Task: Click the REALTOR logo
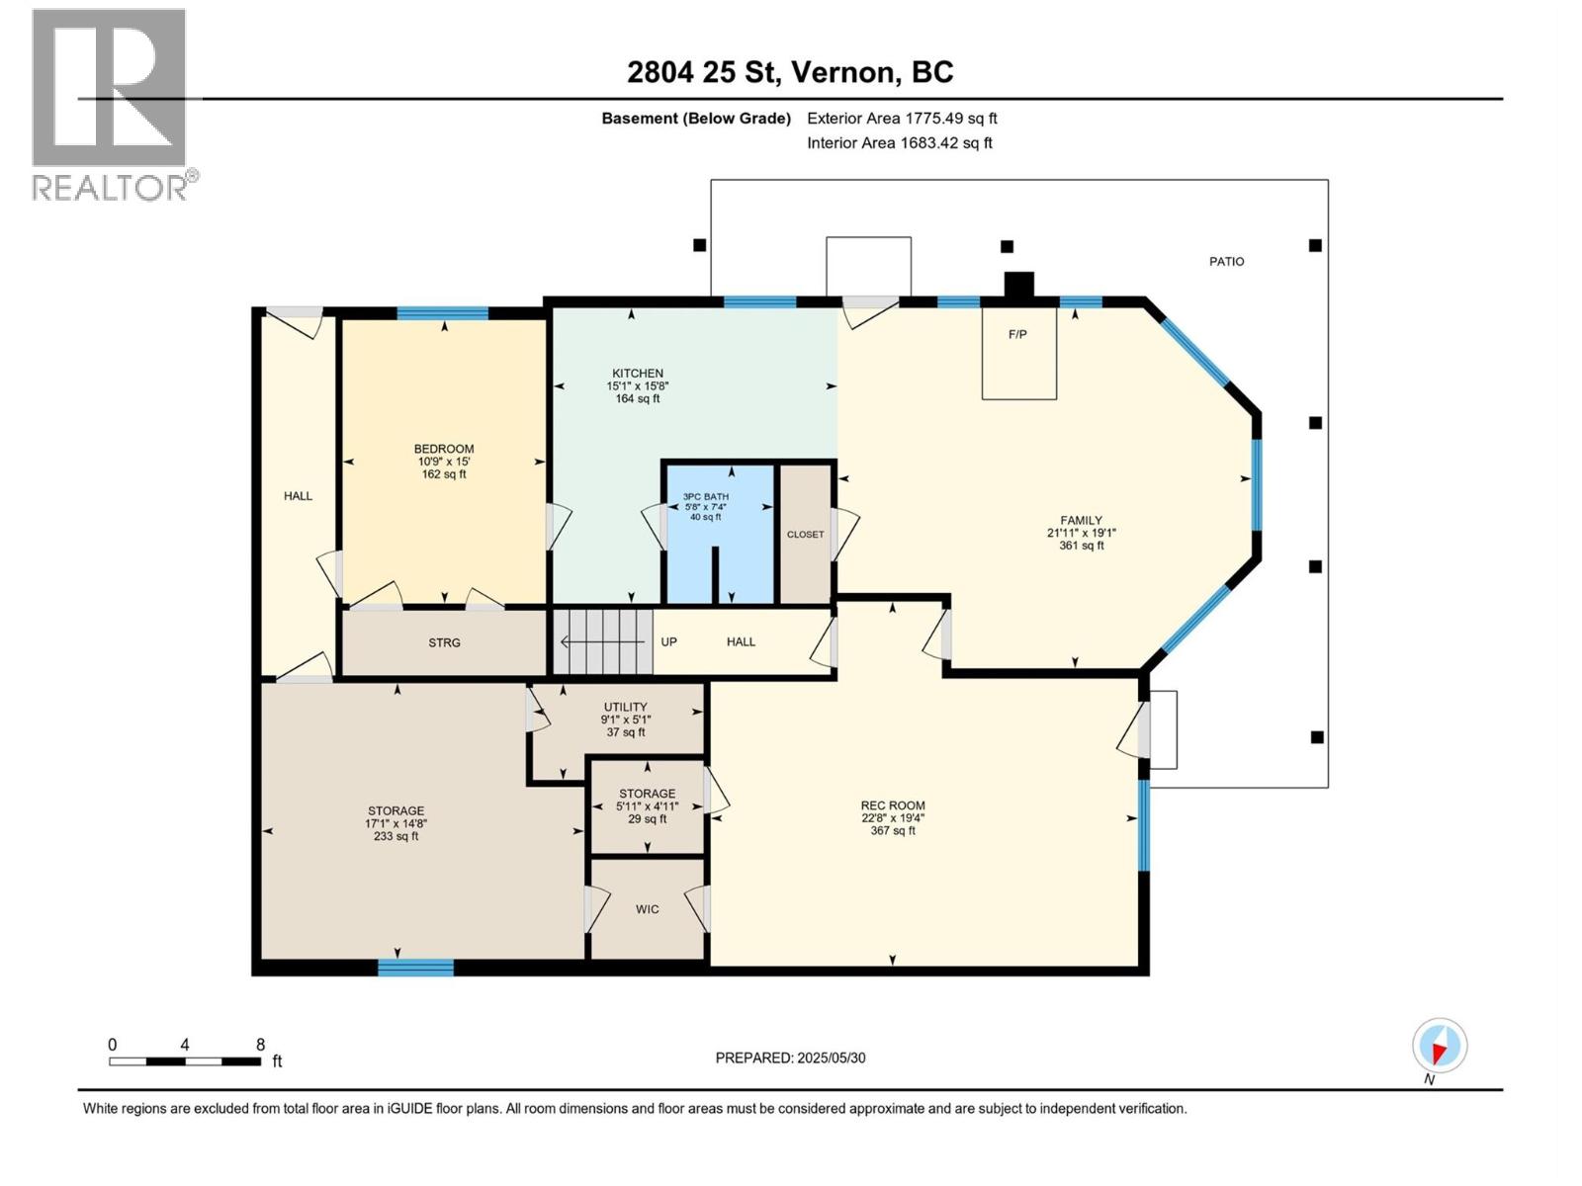(x=110, y=104)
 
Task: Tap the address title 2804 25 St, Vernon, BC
(x=790, y=72)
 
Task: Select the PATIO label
(x=1226, y=262)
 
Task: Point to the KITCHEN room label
(x=637, y=374)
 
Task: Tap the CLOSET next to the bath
(x=805, y=535)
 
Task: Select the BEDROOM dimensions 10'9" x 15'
(x=443, y=462)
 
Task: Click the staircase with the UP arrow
(x=602, y=641)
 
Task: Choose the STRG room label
(x=444, y=643)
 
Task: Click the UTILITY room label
(x=625, y=708)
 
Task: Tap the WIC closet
(x=647, y=909)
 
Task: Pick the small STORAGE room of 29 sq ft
(x=647, y=805)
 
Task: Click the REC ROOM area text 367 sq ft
(x=892, y=831)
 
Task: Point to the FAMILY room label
(x=1081, y=521)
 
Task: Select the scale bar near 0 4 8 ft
(x=185, y=1061)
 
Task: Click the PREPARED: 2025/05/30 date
(x=790, y=1058)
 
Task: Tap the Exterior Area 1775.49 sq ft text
(x=902, y=119)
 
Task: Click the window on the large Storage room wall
(x=416, y=967)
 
